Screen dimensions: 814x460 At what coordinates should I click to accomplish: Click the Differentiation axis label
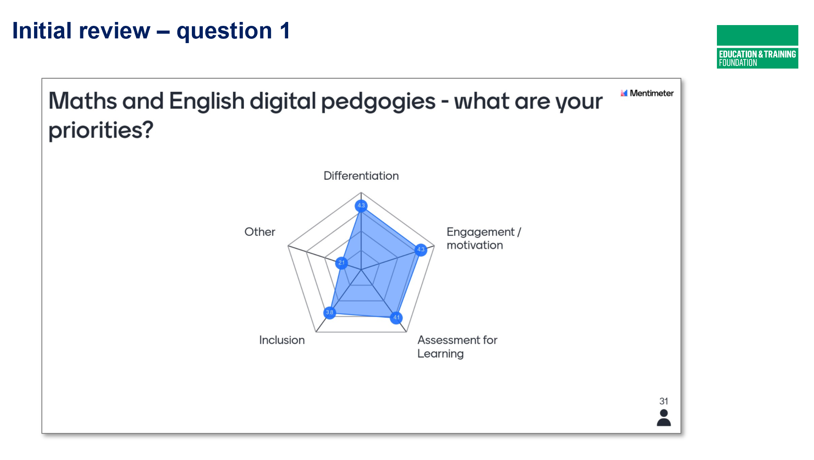click(x=361, y=176)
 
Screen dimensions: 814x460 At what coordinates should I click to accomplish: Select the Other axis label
click(x=260, y=232)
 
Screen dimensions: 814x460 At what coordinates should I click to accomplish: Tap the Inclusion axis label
click(x=282, y=340)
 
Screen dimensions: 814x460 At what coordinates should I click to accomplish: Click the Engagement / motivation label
click(x=484, y=238)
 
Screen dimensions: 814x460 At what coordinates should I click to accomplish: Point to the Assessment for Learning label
click(x=457, y=347)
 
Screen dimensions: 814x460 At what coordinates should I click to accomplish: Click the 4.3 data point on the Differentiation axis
click(x=361, y=206)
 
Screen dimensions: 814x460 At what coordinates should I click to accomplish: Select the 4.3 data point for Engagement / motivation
click(x=421, y=250)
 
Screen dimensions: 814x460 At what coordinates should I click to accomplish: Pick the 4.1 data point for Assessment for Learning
click(x=396, y=317)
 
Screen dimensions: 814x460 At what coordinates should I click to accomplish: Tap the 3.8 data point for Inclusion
click(x=330, y=313)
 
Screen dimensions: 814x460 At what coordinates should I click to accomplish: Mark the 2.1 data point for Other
click(x=341, y=263)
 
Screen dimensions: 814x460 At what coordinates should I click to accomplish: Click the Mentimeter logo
click(x=647, y=93)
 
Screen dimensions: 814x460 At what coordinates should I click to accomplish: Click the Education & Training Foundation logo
click(x=757, y=47)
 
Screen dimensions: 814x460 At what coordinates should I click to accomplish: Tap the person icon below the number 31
click(x=664, y=418)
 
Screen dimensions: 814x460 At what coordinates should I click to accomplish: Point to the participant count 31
click(x=664, y=401)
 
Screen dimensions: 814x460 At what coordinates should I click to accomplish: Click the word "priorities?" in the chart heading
click(x=101, y=131)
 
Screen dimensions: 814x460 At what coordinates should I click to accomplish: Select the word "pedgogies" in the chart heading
click(x=378, y=102)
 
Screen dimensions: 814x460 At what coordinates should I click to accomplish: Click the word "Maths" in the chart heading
click(x=83, y=101)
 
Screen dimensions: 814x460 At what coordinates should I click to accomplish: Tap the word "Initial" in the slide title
click(x=42, y=31)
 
